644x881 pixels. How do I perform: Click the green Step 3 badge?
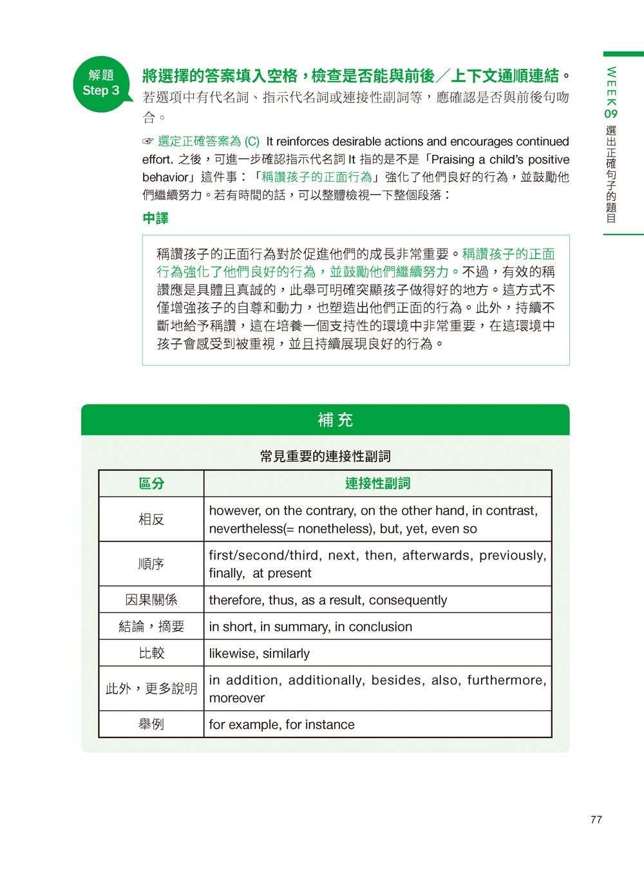tap(101, 84)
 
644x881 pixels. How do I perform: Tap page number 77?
tap(596, 820)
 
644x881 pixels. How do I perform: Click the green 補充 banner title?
tap(335, 420)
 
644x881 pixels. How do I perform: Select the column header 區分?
tap(151, 484)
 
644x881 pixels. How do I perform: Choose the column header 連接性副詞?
tap(377, 484)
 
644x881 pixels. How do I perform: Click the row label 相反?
tap(151, 519)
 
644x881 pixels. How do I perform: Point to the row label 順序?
tap(151, 564)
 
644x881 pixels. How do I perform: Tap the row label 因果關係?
tap(151, 600)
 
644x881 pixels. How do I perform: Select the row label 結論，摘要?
tap(151, 627)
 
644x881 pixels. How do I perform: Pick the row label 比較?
tap(151, 653)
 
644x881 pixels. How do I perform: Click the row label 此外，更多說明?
tap(151, 688)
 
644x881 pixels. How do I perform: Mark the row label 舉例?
tap(151, 725)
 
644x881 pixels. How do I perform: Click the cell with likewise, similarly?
tap(260, 653)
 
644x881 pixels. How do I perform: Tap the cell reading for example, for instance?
tap(281, 725)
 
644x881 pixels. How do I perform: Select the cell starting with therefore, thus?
tap(328, 600)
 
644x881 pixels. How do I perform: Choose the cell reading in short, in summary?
tap(310, 627)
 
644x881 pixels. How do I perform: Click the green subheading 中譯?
tap(155, 219)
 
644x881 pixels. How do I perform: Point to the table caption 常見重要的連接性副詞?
tap(325, 457)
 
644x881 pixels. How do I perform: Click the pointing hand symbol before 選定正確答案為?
tap(148, 142)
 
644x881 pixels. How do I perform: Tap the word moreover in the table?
tap(237, 698)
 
